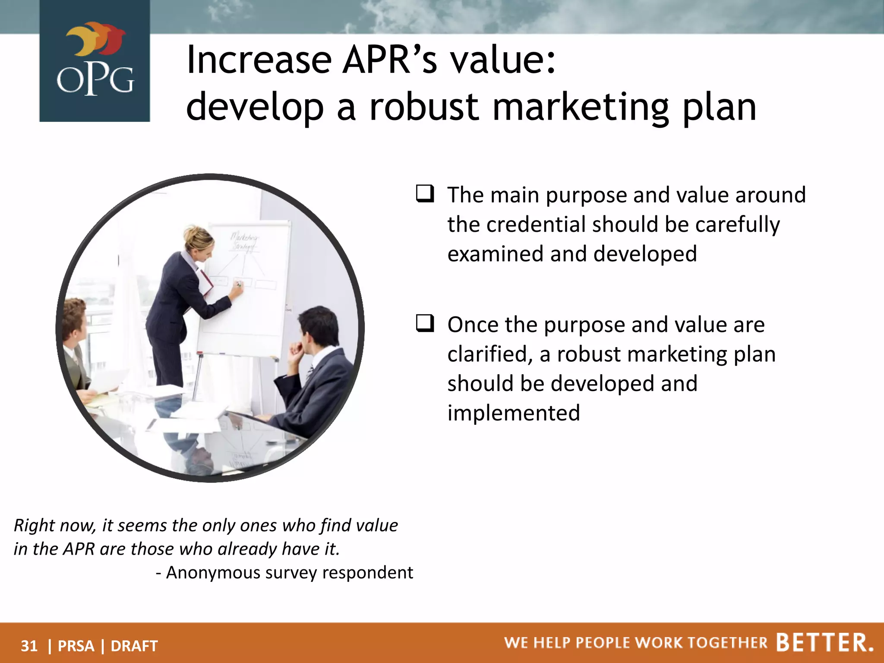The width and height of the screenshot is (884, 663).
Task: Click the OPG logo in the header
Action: tap(95, 60)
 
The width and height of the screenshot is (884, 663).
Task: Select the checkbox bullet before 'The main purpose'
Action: tap(425, 194)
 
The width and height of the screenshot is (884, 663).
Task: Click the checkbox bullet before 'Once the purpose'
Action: tap(425, 323)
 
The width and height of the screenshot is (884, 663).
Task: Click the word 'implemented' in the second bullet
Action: tap(514, 413)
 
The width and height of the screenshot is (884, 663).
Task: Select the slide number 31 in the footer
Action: tap(29, 646)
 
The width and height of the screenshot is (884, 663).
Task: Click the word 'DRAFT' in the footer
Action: tap(134, 646)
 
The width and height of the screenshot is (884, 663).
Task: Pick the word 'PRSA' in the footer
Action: tap(76, 646)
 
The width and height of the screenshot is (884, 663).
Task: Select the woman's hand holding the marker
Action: tap(237, 287)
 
